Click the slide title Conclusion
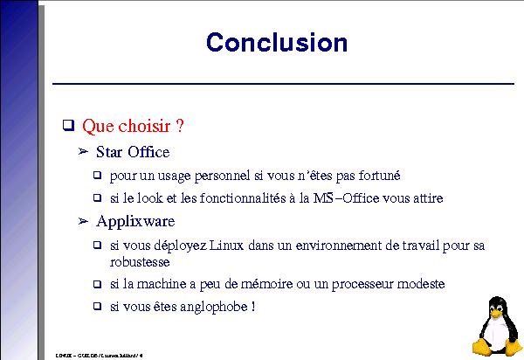click(x=276, y=43)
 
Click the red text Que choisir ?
click(x=133, y=127)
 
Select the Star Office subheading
click(x=133, y=152)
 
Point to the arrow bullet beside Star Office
click(x=84, y=152)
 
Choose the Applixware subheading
click(x=135, y=221)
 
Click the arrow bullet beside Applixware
click(x=84, y=220)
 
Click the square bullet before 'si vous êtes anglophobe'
click(x=99, y=307)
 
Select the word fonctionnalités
click(x=245, y=197)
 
